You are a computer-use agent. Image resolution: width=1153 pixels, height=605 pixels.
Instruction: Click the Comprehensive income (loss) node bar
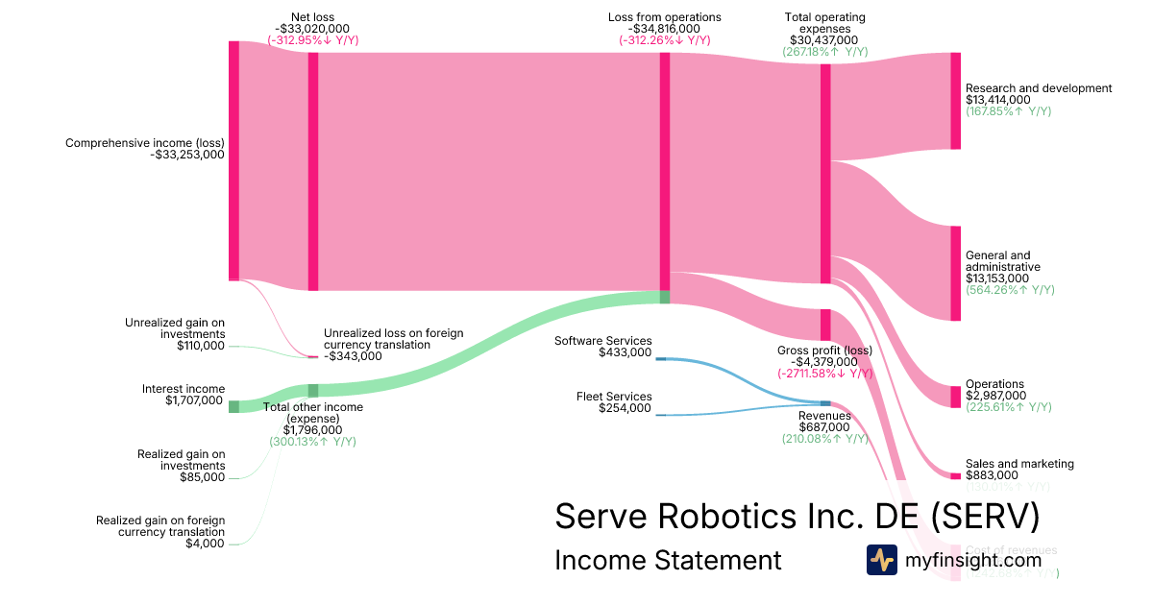pyautogui.click(x=233, y=160)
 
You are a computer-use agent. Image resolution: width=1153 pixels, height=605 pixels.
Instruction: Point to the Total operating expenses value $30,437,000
pyautogui.click(x=824, y=40)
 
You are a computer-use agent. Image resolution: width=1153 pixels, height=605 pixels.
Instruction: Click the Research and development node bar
pyautogui.click(x=955, y=101)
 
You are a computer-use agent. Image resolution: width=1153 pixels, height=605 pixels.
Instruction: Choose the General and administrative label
pyautogui.click(x=1002, y=261)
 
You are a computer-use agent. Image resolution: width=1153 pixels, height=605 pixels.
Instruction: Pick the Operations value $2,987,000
pyautogui.click(x=995, y=396)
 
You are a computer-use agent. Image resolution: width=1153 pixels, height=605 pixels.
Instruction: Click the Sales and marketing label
pyautogui.click(x=1019, y=464)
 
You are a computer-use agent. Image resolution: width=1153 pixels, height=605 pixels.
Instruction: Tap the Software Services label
pyautogui.click(x=603, y=341)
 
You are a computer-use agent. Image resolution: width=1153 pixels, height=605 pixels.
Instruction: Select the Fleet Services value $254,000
pyautogui.click(x=625, y=408)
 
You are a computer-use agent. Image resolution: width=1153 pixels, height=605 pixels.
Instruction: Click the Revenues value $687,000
pyautogui.click(x=823, y=427)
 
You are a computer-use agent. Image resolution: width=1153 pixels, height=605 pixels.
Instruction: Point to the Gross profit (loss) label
pyautogui.click(x=823, y=350)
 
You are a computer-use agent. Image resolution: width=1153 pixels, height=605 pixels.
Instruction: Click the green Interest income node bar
pyautogui.click(x=233, y=406)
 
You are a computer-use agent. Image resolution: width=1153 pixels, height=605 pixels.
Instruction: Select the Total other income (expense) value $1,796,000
pyautogui.click(x=312, y=430)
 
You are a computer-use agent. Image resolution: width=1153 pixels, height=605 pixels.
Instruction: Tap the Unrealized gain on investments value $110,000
pyautogui.click(x=201, y=346)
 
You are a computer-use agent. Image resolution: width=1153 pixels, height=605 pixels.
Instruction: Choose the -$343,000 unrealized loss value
pyautogui.click(x=353, y=356)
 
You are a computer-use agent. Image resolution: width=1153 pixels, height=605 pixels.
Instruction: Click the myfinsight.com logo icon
pyautogui.click(x=881, y=560)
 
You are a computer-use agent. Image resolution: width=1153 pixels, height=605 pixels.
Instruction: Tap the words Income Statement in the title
pyautogui.click(x=668, y=560)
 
